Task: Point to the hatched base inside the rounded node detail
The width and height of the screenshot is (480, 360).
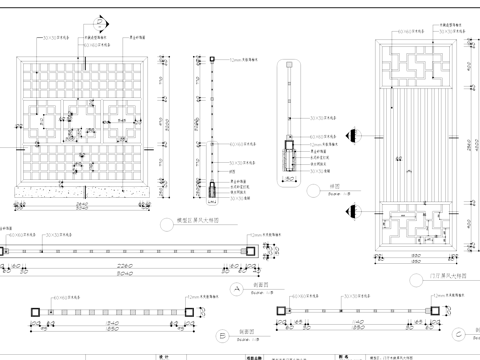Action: click(289, 159)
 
